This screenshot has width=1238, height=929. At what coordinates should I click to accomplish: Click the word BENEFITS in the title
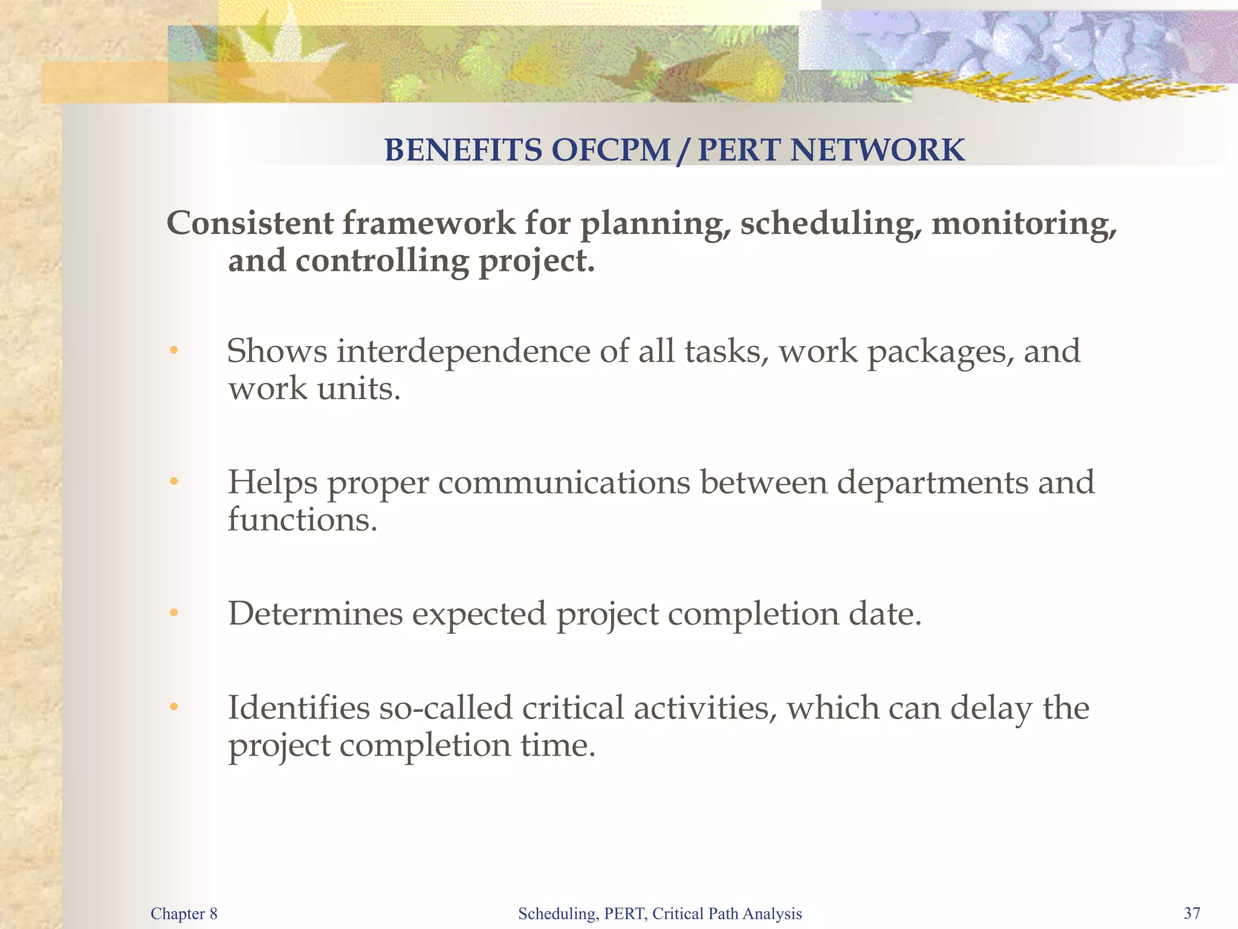point(463,150)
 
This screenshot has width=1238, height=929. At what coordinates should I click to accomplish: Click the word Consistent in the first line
point(250,223)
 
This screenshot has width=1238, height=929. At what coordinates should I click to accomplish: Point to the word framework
point(429,223)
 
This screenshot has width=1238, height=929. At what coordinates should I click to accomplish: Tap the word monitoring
point(1023,224)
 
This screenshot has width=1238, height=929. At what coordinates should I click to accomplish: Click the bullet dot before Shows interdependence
point(174,351)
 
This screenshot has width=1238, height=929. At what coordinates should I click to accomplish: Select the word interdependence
point(462,352)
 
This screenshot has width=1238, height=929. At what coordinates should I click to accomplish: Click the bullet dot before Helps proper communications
point(174,482)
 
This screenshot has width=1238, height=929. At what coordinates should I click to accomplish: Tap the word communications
point(563,483)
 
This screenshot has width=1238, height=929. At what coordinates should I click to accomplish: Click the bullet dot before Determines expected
point(174,613)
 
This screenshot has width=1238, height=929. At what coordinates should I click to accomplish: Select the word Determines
point(315,613)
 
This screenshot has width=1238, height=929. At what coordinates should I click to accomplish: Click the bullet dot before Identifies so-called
point(174,707)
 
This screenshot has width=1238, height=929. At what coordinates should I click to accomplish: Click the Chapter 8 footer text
point(184,913)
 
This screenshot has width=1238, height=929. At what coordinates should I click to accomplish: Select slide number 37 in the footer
point(1191,913)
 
